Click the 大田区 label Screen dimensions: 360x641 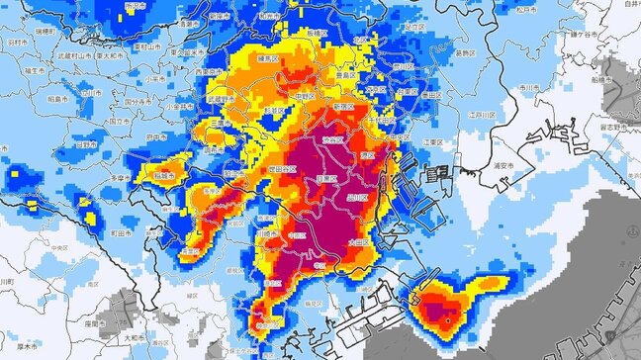click(x=358, y=241)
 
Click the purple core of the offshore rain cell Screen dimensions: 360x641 click(x=447, y=318)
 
